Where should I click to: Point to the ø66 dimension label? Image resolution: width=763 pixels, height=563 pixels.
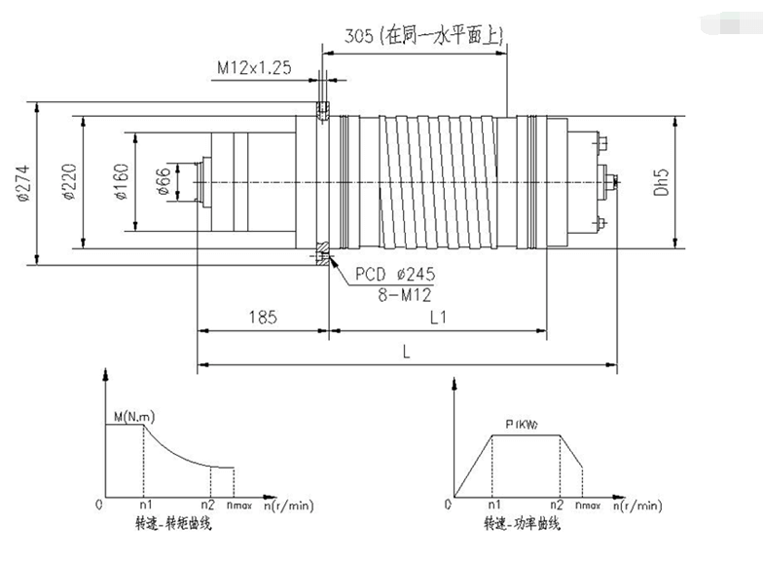click(x=163, y=182)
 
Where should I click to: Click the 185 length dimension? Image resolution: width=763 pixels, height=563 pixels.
click(x=263, y=318)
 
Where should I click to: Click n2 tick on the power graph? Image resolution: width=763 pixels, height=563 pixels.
click(x=556, y=506)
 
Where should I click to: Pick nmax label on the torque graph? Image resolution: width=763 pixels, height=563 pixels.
click(x=239, y=506)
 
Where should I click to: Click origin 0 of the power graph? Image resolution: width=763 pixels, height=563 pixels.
click(x=447, y=506)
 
